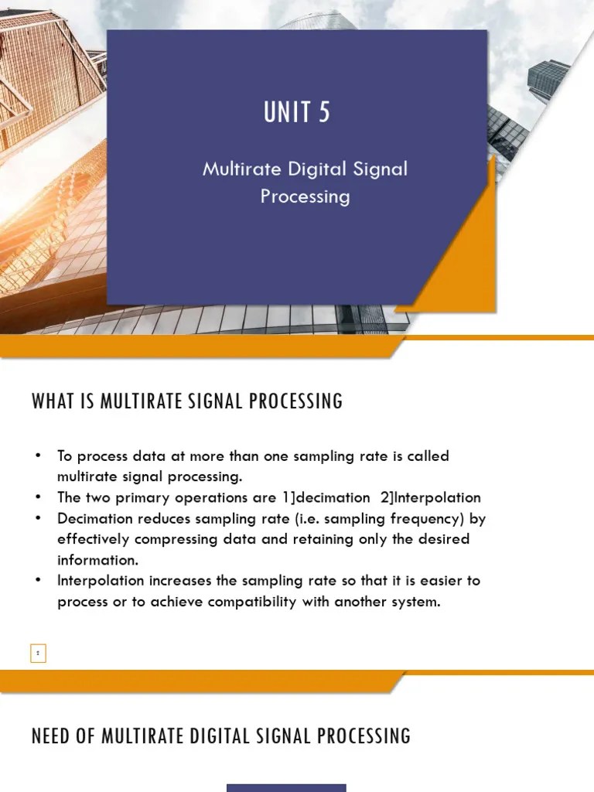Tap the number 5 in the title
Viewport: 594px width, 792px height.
coord(323,113)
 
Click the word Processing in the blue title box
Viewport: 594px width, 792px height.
coord(305,196)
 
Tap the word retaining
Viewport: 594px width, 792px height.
coord(297,539)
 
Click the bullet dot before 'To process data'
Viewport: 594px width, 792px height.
coord(37,455)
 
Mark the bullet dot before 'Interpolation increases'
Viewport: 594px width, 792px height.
coord(37,580)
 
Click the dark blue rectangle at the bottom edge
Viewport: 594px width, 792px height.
coord(286,787)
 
